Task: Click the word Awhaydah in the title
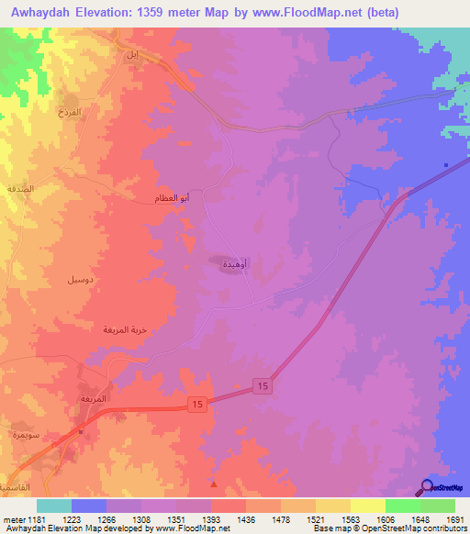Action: click(x=39, y=12)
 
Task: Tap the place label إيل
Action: click(x=129, y=56)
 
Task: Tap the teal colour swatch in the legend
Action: click(x=54, y=506)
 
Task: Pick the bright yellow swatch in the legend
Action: click(x=366, y=506)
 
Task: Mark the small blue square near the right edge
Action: click(x=446, y=165)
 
